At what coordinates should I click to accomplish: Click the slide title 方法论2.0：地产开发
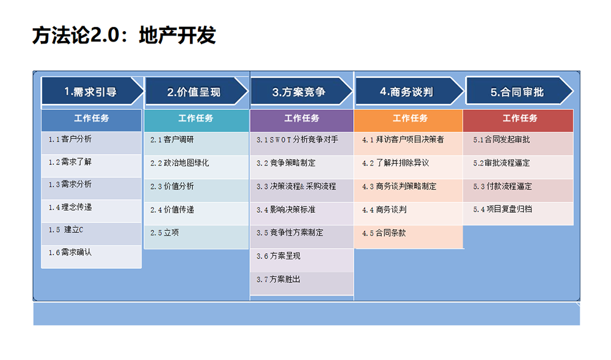pos(124,35)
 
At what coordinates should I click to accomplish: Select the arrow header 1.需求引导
pos(91,92)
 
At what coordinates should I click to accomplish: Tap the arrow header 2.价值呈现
pos(194,92)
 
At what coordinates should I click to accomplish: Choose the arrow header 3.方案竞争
pos(299,92)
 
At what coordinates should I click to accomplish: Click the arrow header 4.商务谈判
pos(406,92)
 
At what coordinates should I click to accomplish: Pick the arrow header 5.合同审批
pos(517,92)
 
